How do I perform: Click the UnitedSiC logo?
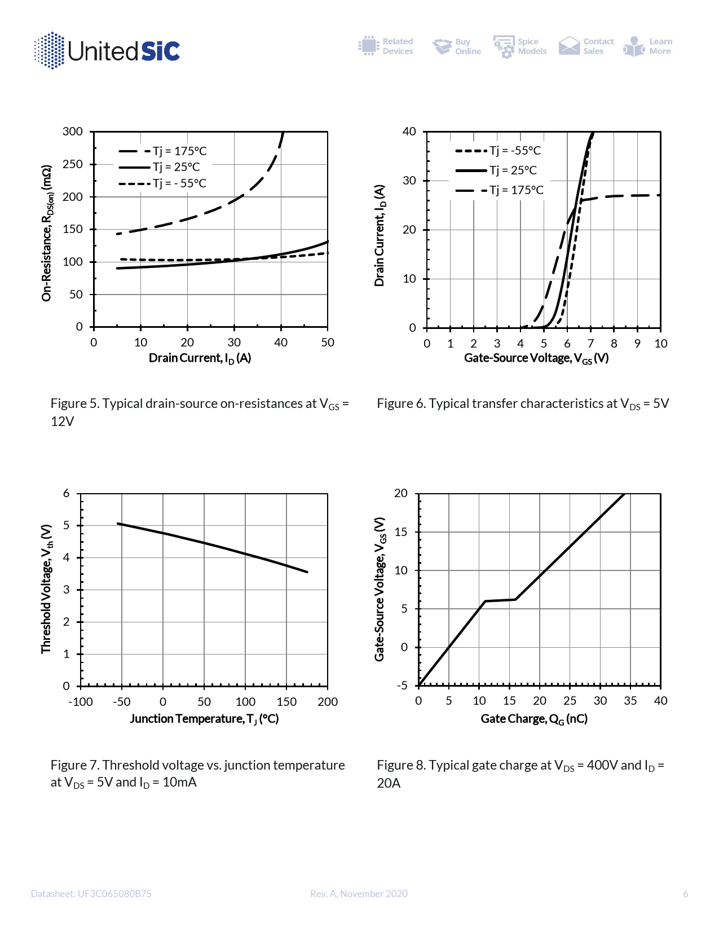(x=107, y=51)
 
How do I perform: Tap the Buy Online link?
(x=457, y=46)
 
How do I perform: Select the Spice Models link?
(x=520, y=46)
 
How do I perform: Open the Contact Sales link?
(x=586, y=46)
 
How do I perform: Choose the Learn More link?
(x=649, y=46)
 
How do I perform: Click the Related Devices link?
(x=386, y=46)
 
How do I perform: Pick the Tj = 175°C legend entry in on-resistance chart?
(x=164, y=151)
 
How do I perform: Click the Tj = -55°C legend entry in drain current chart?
(x=499, y=151)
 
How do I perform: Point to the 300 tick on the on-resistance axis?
(x=73, y=131)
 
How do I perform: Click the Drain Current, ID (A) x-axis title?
(x=200, y=358)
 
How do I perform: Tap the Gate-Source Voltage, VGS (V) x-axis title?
(x=536, y=358)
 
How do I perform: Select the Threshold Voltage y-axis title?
(x=46, y=589)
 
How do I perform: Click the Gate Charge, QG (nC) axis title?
(x=534, y=719)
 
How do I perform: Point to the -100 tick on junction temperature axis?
(x=81, y=702)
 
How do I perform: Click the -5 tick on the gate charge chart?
(x=402, y=686)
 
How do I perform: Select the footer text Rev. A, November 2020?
(x=359, y=894)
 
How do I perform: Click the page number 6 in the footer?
(x=685, y=894)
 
